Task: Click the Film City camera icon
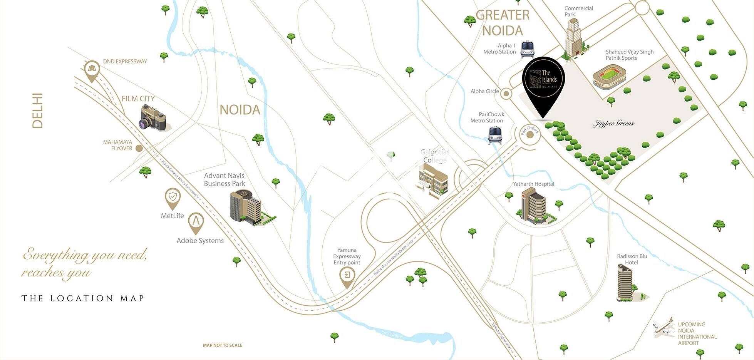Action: point(153,119)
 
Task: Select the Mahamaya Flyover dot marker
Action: point(139,148)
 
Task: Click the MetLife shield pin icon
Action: point(173,198)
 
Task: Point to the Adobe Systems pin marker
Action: point(196,222)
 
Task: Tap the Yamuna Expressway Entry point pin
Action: point(347,276)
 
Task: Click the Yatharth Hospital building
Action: point(535,206)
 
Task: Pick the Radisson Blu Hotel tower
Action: point(625,283)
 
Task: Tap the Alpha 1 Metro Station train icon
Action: point(528,49)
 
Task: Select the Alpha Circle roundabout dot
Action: point(506,94)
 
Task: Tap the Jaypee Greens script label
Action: point(613,124)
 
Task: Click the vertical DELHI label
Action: point(37,111)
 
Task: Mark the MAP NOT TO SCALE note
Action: point(223,345)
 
